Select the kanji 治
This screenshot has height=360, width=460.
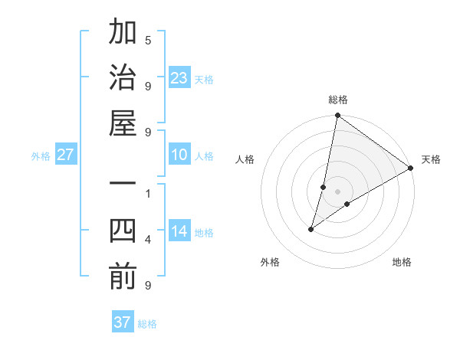click(123, 78)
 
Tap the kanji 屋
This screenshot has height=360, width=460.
click(123, 123)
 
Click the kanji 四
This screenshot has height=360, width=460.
click(123, 231)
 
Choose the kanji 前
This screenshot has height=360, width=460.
click(123, 277)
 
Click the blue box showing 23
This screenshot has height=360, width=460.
click(179, 77)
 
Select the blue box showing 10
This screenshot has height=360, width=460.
click(179, 155)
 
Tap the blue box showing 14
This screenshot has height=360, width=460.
click(179, 231)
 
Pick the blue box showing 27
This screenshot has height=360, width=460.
click(65, 155)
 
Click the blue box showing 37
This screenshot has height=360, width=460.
click(122, 322)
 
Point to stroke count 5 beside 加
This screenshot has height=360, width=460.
click(148, 40)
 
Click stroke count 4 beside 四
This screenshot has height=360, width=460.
click(148, 240)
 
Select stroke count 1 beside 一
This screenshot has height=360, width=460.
click(148, 193)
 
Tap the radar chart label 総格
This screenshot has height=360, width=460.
click(338, 100)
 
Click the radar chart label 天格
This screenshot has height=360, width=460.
click(431, 159)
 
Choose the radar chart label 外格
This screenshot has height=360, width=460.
click(270, 262)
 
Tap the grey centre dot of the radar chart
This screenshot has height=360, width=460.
click(338, 191)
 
